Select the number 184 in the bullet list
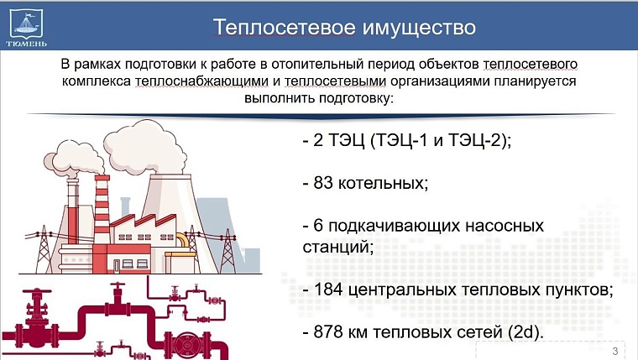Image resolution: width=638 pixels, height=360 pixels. pyautogui.click(x=330, y=290)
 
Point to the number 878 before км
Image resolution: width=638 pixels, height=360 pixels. pyautogui.click(x=330, y=332)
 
